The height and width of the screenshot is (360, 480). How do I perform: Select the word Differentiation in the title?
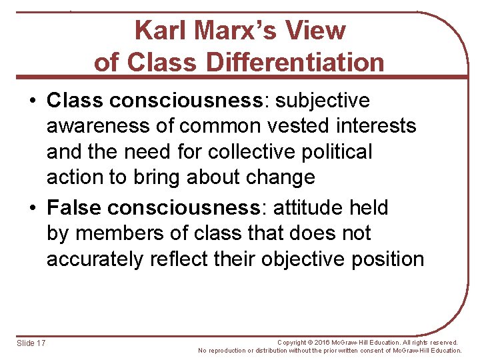click(295, 63)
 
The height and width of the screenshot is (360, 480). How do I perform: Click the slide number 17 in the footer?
click(41, 343)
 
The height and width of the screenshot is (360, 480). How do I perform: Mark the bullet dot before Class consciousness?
click(32, 101)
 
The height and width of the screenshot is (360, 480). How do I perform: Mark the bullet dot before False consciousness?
click(32, 208)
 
